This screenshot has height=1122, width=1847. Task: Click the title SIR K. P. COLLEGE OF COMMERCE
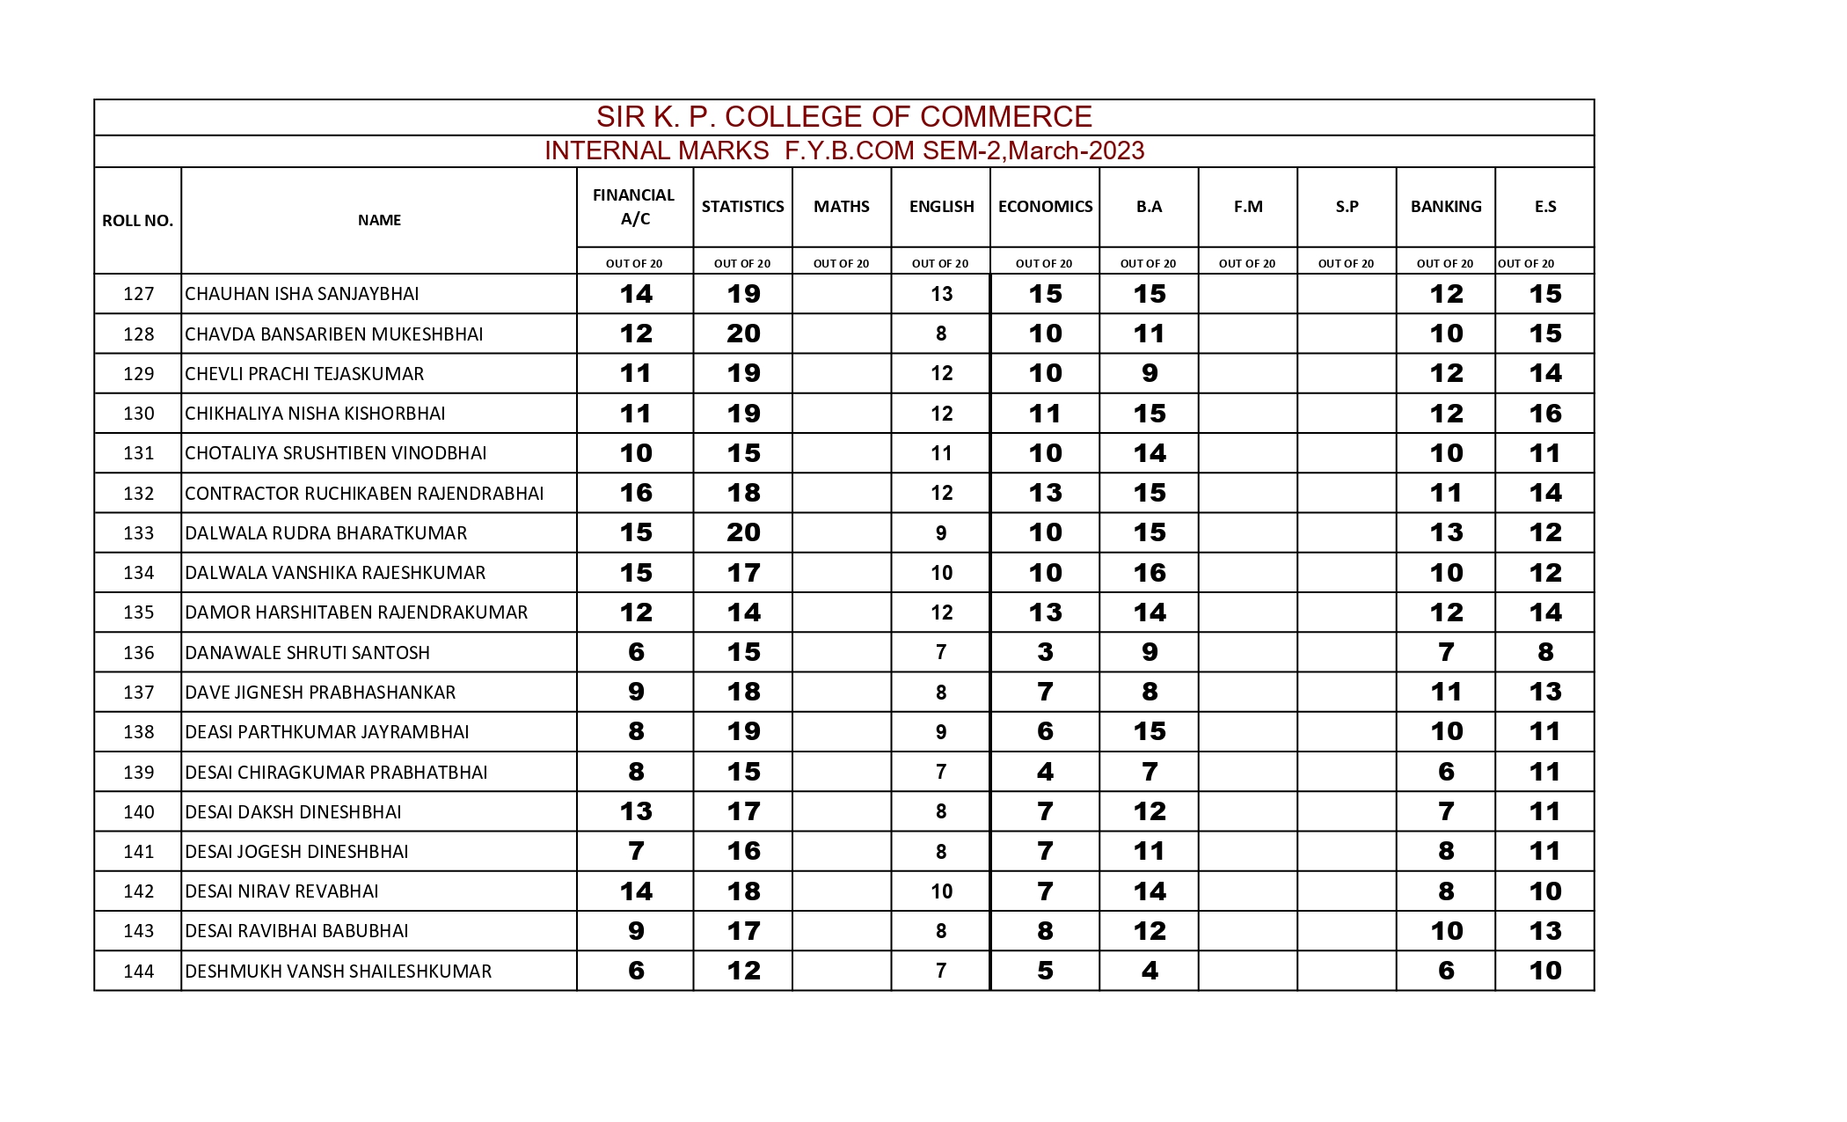coord(843,116)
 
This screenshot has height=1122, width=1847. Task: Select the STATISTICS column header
coord(742,207)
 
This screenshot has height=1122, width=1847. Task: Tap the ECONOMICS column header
coord(1045,207)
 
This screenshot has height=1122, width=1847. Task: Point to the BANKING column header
coord(1445,207)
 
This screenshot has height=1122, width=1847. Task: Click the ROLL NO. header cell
coord(137,221)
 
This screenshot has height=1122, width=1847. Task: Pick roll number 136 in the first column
coord(138,653)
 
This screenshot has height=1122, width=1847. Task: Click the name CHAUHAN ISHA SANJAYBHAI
coord(302,294)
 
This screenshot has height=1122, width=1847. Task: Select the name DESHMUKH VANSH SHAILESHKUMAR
coord(338,972)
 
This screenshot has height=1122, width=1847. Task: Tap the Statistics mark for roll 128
coord(743,334)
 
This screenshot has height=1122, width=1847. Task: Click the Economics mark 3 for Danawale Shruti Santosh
coord(1045,652)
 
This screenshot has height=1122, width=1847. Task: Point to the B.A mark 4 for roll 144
coord(1149,971)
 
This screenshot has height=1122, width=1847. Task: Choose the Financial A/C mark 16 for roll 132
coord(636,493)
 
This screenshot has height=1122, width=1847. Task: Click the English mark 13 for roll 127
coord(941,294)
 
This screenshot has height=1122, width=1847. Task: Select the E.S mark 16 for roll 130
coord(1544,414)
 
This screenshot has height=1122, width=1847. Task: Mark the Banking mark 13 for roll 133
coord(1446,532)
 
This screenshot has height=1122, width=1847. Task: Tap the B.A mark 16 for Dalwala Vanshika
coord(1149,573)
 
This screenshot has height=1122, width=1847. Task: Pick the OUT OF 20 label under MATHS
coord(841,263)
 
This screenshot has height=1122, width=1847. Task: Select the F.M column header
coord(1247,207)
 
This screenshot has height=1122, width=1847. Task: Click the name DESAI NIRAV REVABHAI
coord(281,891)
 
